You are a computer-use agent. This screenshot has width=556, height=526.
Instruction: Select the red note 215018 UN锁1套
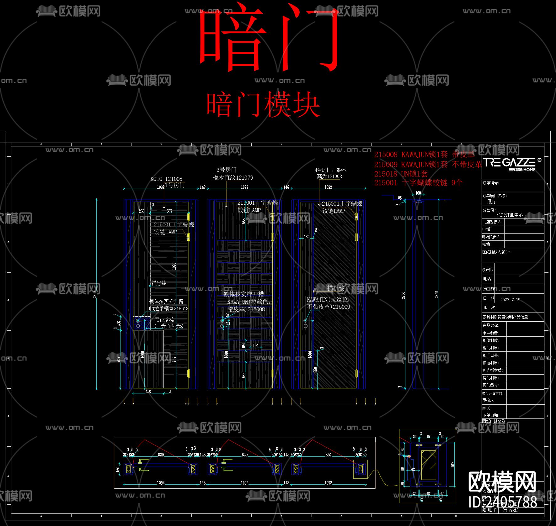pos(401,174)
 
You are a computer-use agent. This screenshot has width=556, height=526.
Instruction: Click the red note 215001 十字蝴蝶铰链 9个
pos(418,183)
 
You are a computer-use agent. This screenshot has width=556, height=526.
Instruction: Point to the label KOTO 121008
pos(166,179)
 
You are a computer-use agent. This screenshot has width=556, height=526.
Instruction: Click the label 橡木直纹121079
pos(233,177)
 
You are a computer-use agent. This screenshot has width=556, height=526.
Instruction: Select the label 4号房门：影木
pos(330,170)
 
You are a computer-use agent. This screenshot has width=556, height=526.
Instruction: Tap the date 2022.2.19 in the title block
pos(510,300)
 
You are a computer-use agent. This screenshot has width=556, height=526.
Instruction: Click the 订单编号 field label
pos(491,183)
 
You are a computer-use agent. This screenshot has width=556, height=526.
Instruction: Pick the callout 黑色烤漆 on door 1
pos(164,320)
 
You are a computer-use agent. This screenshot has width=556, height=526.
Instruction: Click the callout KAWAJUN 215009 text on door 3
pos(328,303)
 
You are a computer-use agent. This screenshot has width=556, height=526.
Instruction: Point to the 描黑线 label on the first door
pos(159,283)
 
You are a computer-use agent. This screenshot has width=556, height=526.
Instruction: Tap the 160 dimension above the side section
pos(418,193)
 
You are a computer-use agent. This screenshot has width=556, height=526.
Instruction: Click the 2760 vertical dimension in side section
pos(404,295)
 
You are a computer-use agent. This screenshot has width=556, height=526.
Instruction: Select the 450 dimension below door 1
pos(148,392)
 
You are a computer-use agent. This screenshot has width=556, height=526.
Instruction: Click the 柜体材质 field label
pos(491,340)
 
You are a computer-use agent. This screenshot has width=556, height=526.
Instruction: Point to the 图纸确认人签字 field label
pos(496,252)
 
